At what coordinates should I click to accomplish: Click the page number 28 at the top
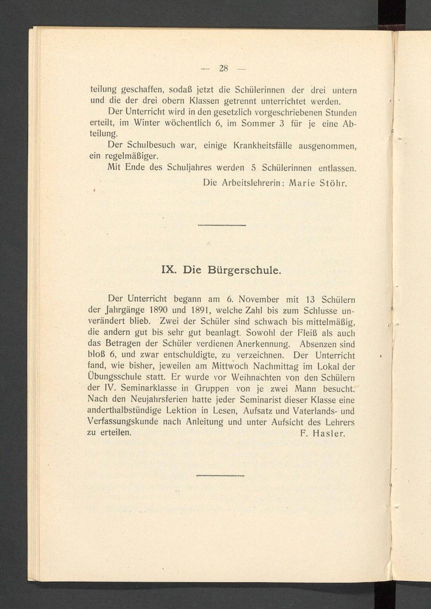click(x=223, y=68)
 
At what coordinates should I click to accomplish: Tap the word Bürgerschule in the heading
click(x=244, y=271)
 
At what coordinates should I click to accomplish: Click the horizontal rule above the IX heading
click(x=222, y=226)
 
